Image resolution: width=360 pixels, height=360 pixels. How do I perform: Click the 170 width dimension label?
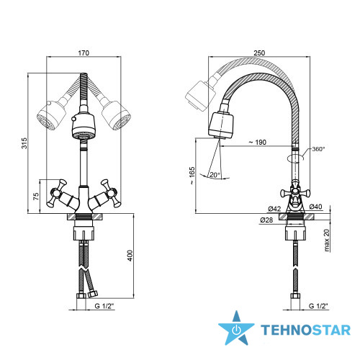pos(84,53)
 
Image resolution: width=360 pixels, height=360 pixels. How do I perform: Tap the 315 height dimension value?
pos(24,143)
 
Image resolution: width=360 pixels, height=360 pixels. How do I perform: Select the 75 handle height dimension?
pos(36,197)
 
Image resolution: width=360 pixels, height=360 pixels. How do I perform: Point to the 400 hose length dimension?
pos(130,256)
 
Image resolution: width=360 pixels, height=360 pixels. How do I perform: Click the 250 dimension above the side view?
pos(259,53)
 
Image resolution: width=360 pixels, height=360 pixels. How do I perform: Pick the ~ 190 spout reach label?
pos(258,143)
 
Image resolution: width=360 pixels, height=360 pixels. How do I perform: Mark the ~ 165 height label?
pos(192,176)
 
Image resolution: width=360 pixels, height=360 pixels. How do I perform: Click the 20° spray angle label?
pos(215,175)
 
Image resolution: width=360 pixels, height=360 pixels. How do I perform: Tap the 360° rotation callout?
pos(318,149)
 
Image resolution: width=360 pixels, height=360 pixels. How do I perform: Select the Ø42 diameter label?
pos(274,209)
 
